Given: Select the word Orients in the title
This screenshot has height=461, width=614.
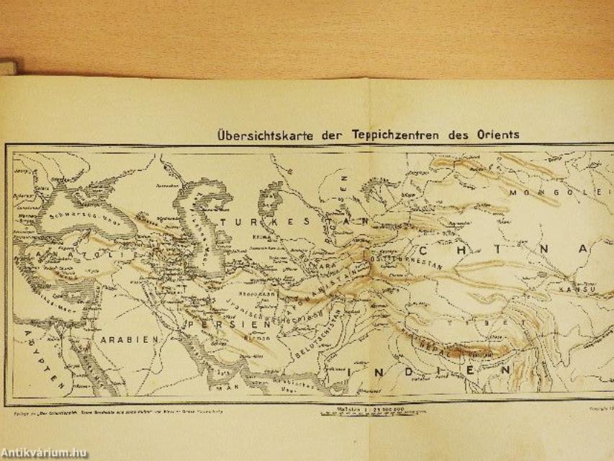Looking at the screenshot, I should pos(496,134).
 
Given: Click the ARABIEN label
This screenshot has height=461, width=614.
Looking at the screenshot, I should pos(122,338).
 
